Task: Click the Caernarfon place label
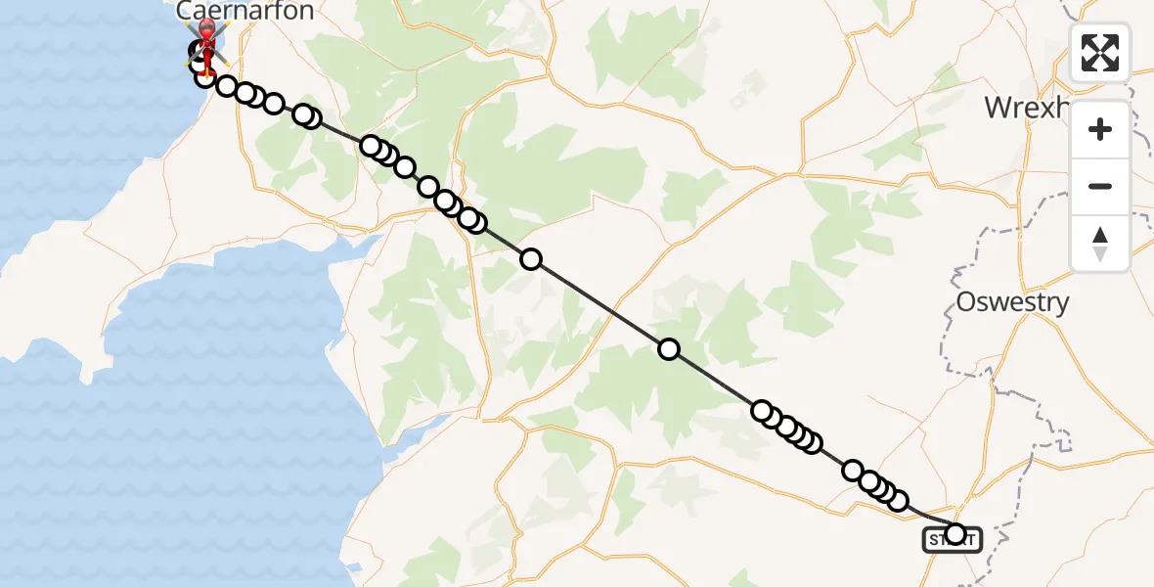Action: tap(245, 12)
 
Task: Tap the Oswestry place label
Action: tap(1012, 302)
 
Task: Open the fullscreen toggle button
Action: tap(1100, 53)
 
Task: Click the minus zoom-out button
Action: tap(1100, 186)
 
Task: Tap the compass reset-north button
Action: tap(1100, 244)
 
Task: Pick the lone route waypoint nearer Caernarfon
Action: tap(531, 259)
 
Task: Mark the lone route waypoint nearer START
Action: tap(669, 349)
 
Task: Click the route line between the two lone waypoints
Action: tap(599, 304)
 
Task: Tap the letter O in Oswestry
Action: tap(965, 302)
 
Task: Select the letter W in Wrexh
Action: tap(999, 107)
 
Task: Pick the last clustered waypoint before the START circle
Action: tap(897, 500)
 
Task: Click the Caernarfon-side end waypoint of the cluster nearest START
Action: tap(854, 472)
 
